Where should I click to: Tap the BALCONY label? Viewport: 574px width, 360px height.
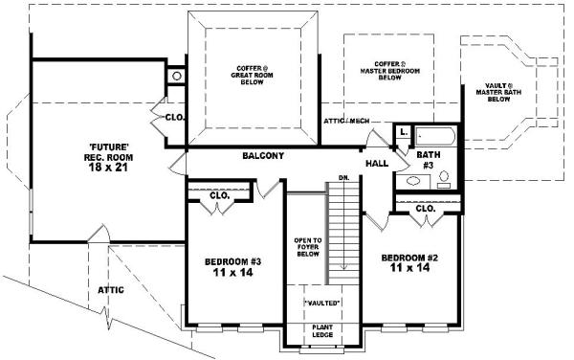click(261, 155)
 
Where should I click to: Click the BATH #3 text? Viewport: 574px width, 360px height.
click(427, 159)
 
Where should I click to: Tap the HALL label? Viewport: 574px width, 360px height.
click(377, 164)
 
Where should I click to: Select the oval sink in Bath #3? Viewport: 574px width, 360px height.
click(413, 180)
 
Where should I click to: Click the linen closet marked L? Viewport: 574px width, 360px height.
click(403, 133)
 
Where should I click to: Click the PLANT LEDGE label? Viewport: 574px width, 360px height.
click(321, 331)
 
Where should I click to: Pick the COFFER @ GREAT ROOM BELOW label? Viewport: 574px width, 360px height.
click(254, 75)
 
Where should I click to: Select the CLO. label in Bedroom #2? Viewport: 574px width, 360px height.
click(426, 208)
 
